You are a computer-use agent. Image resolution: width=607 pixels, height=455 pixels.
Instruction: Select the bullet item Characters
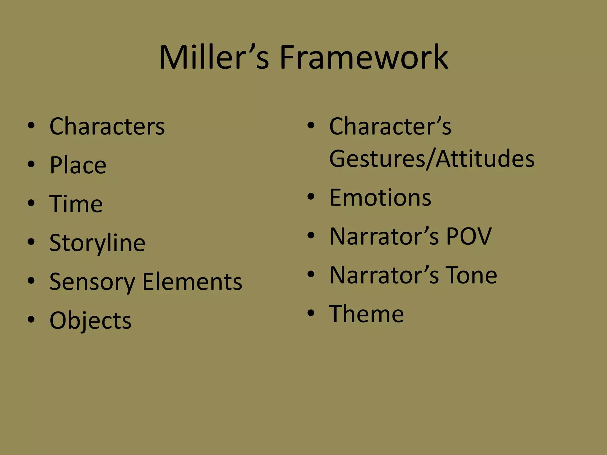(107, 126)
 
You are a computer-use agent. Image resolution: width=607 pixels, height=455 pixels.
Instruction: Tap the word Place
(78, 165)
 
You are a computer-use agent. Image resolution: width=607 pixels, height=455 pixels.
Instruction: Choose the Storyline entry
(97, 243)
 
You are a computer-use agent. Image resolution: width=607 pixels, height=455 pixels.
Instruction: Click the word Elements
(192, 281)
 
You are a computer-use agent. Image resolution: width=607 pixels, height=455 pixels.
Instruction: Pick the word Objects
(90, 321)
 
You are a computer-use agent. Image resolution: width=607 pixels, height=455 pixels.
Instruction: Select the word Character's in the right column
(390, 126)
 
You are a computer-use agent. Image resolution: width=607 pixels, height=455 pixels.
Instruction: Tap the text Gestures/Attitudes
(432, 159)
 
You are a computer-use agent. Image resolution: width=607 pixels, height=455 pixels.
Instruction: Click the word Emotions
(380, 198)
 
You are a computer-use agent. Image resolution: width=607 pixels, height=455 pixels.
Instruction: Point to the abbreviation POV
(469, 236)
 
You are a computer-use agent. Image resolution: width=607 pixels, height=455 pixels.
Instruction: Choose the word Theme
(366, 314)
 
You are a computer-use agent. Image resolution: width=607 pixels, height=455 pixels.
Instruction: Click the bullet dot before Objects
(31, 320)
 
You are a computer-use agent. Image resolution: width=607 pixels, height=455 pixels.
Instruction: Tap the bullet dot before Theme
(311, 313)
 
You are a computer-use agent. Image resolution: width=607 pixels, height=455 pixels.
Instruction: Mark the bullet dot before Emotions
(311, 197)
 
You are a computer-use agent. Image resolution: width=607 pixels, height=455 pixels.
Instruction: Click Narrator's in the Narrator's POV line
(384, 236)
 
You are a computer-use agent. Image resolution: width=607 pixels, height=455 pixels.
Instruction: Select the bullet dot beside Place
(31, 164)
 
